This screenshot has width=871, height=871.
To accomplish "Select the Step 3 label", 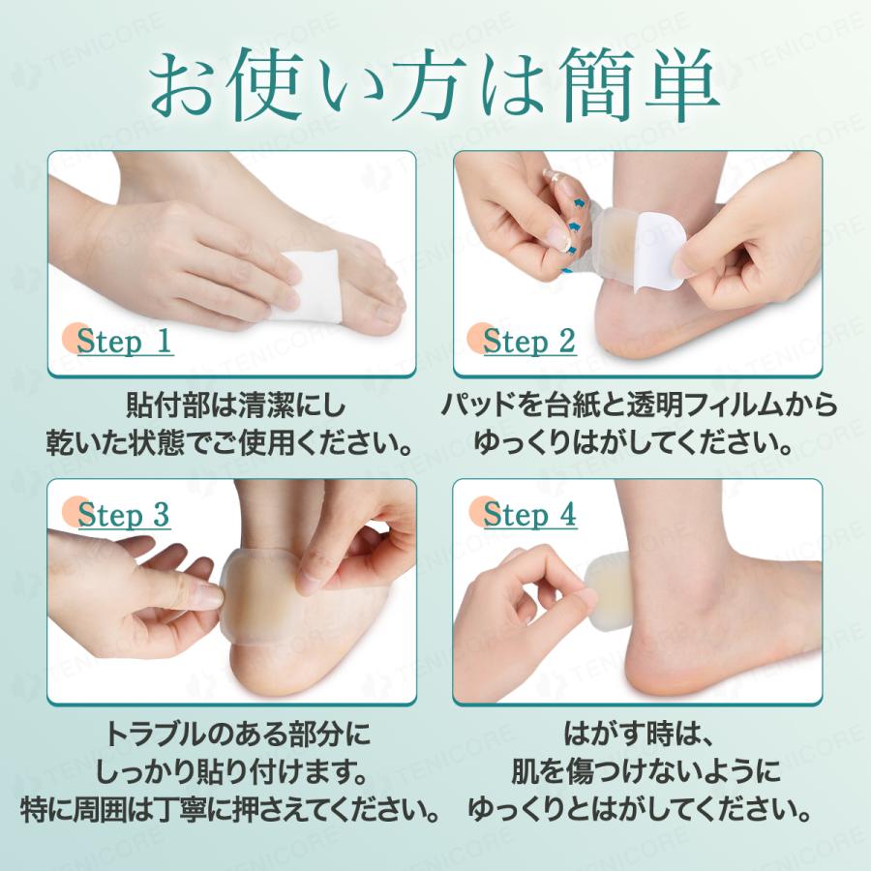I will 123,515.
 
